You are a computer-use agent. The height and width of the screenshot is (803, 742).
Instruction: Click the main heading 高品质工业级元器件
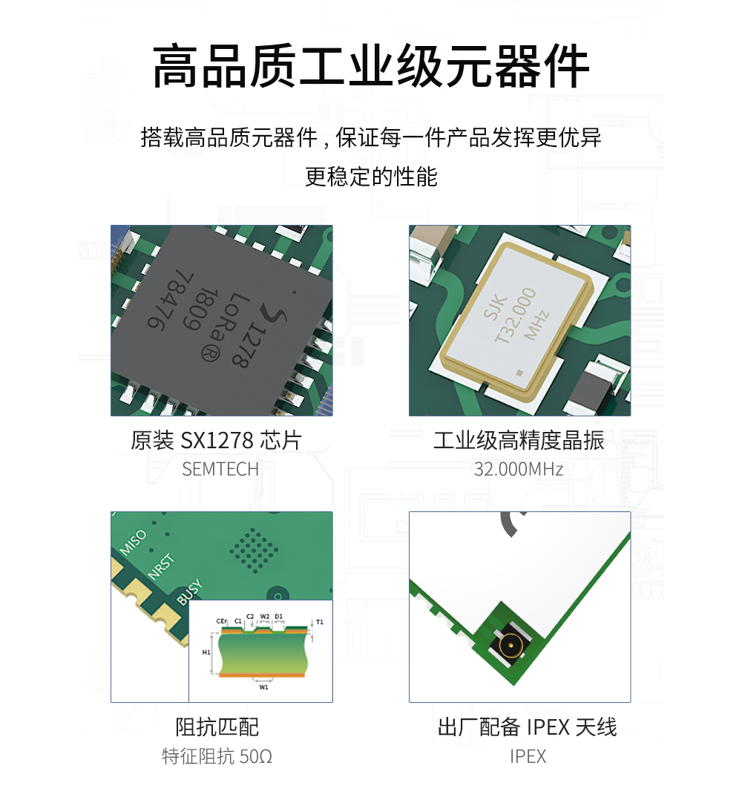tap(371, 67)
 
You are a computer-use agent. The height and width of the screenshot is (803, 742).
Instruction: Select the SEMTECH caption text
tap(220, 469)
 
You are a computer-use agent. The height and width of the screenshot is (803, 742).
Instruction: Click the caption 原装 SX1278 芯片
tap(216, 440)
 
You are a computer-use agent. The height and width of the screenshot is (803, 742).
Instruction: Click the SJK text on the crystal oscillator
tap(495, 307)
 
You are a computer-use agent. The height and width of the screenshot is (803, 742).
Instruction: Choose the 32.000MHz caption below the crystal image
tap(518, 469)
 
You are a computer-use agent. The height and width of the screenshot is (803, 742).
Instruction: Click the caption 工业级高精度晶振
tap(519, 440)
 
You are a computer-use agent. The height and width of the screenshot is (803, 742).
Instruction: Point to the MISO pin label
tap(133, 543)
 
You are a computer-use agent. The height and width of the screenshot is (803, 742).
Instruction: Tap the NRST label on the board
tap(161, 567)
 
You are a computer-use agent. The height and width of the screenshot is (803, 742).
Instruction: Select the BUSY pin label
tap(190, 592)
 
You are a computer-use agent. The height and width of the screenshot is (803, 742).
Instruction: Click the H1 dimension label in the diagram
tap(206, 652)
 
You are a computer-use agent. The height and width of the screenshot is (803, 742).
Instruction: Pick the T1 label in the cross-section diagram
tap(320, 622)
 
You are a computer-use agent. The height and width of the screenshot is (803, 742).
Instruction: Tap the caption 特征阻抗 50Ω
tap(217, 756)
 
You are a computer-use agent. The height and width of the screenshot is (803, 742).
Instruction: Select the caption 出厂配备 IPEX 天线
tap(528, 727)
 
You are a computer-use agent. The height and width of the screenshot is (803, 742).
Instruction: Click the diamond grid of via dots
tap(254, 551)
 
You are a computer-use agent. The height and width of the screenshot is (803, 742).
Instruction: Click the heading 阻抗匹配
tap(217, 727)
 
